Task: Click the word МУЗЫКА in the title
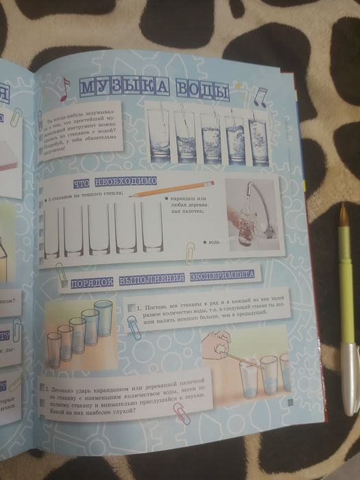[121, 88]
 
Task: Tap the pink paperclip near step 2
[180, 412]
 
